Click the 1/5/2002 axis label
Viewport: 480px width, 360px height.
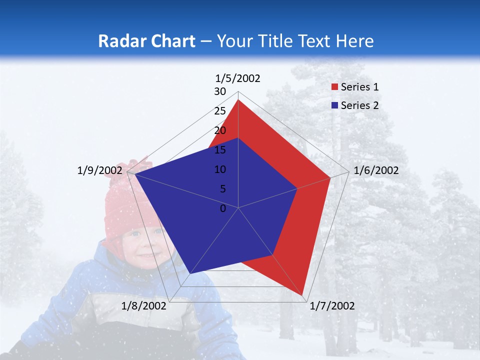point(237,78)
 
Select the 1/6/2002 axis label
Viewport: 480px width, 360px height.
point(376,170)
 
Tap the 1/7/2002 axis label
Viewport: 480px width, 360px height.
point(332,306)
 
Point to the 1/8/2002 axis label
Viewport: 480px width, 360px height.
point(144,306)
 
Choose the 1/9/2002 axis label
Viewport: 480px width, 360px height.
point(100,170)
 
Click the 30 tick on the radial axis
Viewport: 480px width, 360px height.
point(220,91)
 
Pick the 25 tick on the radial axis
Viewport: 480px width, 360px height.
point(220,111)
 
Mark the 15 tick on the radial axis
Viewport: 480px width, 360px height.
point(220,150)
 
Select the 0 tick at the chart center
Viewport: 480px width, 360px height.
point(223,208)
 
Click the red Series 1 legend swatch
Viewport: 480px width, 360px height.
point(334,87)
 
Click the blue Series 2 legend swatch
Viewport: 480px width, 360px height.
point(334,105)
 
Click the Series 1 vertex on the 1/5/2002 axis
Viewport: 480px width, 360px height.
point(238,100)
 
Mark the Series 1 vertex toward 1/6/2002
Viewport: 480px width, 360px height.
point(330,177)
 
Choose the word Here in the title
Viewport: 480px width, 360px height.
point(355,41)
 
